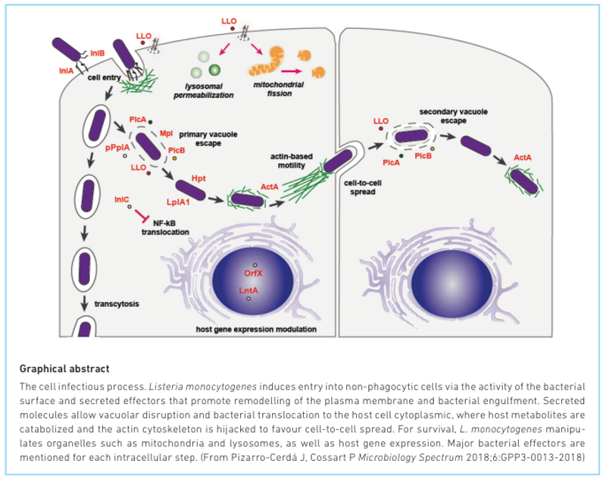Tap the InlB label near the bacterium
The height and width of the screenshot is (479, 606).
coord(98,54)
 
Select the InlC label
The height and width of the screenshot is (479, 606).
coord(122,199)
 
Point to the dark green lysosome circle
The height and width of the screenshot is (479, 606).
coord(214,70)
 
